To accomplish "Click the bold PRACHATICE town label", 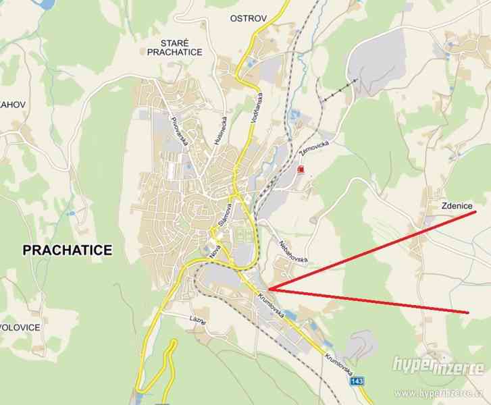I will pos(67,250).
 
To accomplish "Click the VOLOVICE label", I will pos(20,327).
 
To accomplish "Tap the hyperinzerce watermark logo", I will pos(438,366).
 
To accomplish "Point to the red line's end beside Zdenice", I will pos(476,211).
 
